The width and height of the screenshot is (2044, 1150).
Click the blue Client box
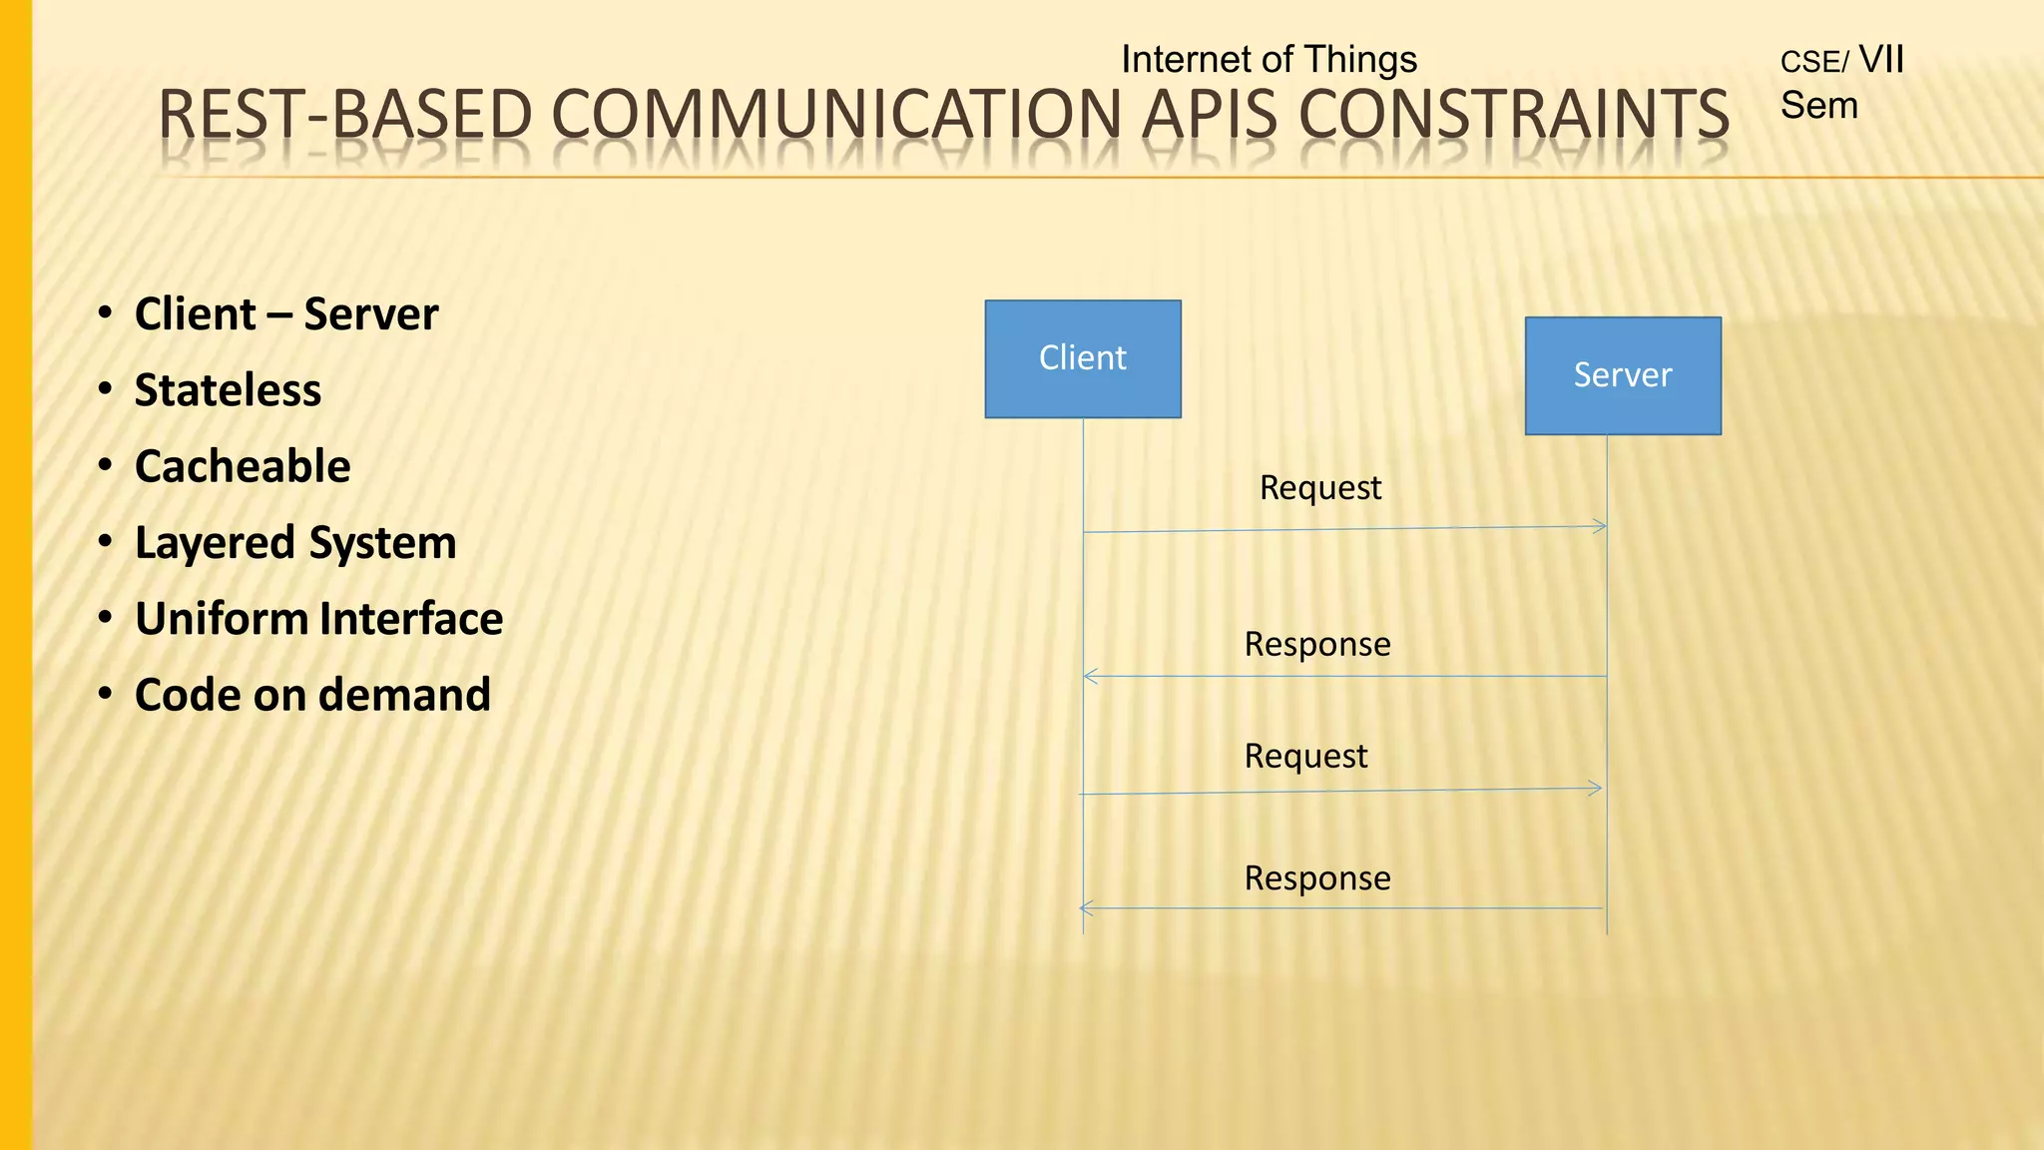[x=1083, y=358]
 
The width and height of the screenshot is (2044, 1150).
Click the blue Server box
[x=1623, y=375]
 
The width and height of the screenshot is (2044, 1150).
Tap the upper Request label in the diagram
[x=1319, y=488]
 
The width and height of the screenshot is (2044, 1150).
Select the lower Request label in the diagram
[x=1304, y=757]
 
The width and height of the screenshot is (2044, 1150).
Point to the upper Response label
[x=1316, y=645]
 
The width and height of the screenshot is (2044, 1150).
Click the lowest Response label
[x=1316, y=878]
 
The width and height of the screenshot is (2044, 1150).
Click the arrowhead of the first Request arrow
[x=1601, y=526]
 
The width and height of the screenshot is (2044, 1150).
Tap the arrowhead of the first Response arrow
[x=1090, y=677]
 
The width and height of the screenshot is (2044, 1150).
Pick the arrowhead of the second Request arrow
[x=1597, y=789]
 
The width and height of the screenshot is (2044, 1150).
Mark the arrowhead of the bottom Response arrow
[x=1086, y=908]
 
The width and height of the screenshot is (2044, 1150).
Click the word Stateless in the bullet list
[x=228, y=390]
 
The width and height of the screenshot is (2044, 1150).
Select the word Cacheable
[x=243, y=467]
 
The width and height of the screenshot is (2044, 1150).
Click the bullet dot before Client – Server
[x=105, y=314]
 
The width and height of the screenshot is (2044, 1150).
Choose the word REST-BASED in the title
[x=345, y=115]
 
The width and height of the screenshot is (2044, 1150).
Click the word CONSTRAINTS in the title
[x=1514, y=115]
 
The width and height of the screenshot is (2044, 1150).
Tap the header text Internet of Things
[x=1269, y=60]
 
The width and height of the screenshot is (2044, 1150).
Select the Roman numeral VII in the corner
[x=1881, y=60]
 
